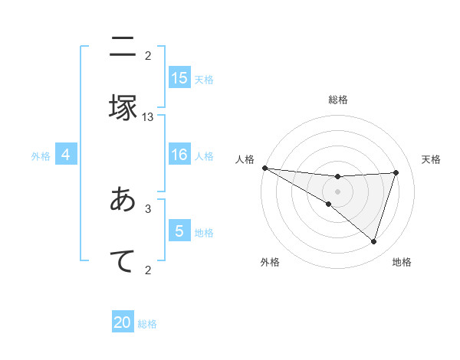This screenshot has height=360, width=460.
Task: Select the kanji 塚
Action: coord(123,106)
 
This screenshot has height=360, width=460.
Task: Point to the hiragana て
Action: coord(123,260)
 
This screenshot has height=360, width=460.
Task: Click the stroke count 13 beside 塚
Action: coord(148,117)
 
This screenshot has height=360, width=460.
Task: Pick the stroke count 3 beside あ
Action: coord(148,208)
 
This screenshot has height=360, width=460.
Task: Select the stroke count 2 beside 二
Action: coord(148,56)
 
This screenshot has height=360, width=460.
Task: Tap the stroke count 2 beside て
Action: coord(148,270)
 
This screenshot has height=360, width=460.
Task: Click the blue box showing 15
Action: coord(179,78)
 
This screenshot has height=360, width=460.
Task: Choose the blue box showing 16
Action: coord(179,155)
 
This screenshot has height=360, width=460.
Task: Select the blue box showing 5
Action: coord(179,231)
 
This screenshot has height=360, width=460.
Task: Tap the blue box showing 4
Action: coord(66,155)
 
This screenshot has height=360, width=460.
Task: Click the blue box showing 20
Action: coord(123,322)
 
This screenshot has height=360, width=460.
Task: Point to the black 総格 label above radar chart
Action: coord(338,100)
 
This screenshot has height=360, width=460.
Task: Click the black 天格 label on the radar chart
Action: coord(432,159)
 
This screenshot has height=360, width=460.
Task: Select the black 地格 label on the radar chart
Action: coord(402,262)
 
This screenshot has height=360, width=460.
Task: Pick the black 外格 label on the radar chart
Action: coord(270,262)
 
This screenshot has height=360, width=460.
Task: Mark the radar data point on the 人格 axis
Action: coord(264,168)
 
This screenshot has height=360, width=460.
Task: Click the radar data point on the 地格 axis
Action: coord(374,241)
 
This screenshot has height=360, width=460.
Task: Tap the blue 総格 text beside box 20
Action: coord(147,324)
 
